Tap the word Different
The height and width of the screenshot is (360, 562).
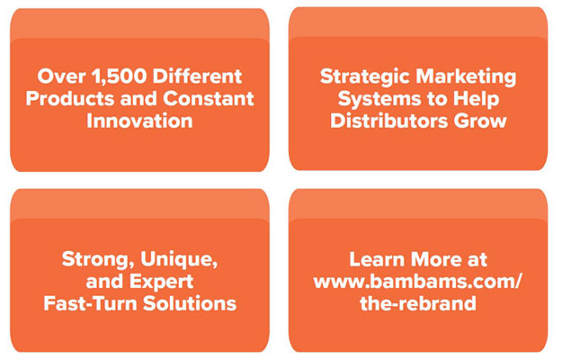point(198,76)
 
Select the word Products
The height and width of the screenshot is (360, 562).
point(70,98)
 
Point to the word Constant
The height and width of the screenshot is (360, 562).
point(209,98)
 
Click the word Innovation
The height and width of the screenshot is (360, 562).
point(139,121)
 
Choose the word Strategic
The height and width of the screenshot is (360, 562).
point(365,77)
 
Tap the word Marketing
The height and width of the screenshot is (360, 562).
point(466,77)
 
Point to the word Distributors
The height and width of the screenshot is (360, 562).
point(388,121)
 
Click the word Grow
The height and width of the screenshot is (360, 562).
point(480,121)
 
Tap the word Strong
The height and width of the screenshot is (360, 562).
point(98,259)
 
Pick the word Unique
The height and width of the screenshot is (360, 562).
point(179,259)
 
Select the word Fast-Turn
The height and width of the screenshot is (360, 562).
point(91,303)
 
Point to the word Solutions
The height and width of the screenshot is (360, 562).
point(190,303)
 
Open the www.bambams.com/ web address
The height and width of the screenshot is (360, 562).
point(418,282)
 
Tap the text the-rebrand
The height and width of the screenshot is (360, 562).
point(418,303)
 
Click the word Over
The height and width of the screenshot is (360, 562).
point(62,76)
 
